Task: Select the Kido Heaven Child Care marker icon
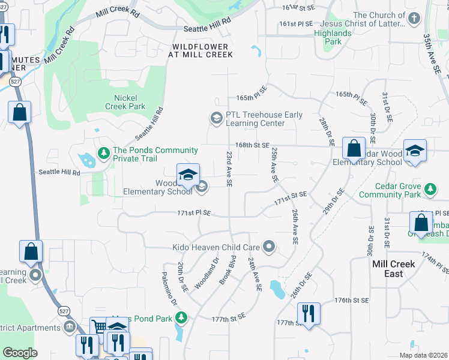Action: pyautogui.click(x=270, y=247)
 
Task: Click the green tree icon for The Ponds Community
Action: pyautogui.click(x=103, y=154)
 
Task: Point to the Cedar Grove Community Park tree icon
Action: pyautogui.click(x=430, y=190)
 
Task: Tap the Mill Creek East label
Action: pyautogui.click(x=393, y=269)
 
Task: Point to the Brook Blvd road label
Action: pyautogui.click(x=228, y=270)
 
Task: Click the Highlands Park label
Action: pyautogui.click(x=333, y=37)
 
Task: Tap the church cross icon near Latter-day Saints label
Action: pyautogui.click(x=413, y=19)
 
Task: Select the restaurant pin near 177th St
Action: pyautogui.click(x=309, y=313)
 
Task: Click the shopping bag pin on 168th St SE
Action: pyautogui.click(x=354, y=148)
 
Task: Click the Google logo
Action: pyautogui.click(x=20, y=353)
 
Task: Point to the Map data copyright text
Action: pyautogui.click(x=423, y=355)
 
